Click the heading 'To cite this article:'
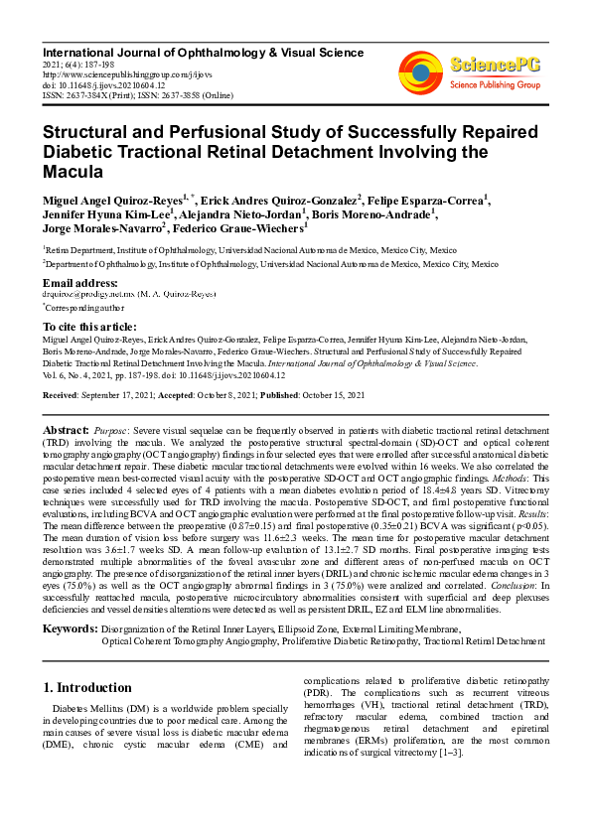click(x=92, y=327)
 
